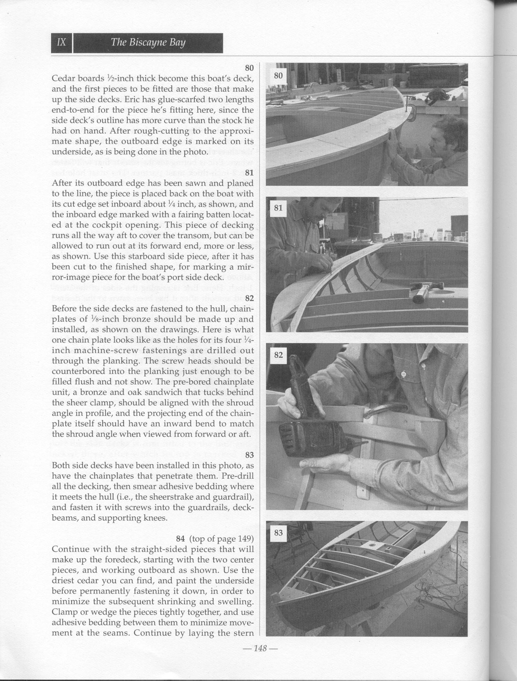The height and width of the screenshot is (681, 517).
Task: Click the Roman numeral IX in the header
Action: tap(61, 43)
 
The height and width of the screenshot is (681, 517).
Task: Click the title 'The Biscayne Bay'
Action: tap(148, 43)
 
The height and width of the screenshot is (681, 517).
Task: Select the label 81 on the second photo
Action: tap(278, 208)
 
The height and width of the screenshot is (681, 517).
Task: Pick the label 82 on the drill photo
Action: tap(278, 355)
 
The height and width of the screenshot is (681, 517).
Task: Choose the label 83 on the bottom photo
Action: tap(278, 532)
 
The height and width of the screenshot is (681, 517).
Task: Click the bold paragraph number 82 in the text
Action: tap(249, 298)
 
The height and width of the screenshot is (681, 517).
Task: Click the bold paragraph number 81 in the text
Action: tap(249, 172)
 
